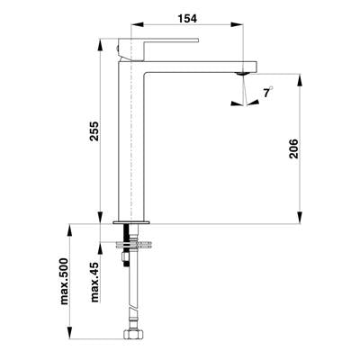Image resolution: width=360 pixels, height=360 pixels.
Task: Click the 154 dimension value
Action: click(x=187, y=19)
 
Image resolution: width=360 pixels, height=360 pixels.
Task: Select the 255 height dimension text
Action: click(x=94, y=131)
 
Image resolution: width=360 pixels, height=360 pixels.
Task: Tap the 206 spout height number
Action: click(x=293, y=148)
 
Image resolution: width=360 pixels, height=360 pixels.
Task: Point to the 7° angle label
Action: click(x=268, y=92)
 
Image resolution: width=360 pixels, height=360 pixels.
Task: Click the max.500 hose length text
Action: click(x=64, y=281)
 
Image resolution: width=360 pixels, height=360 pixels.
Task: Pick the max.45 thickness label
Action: click(x=94, y=282)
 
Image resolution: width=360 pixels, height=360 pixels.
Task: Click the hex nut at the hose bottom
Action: click(x=131, y=334)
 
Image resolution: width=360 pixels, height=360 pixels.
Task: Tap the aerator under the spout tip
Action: click(x=242, y=73)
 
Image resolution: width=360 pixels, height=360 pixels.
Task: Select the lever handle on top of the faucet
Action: click(x=158, y=49)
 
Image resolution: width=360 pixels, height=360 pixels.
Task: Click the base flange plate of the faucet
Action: click(x=131, y=222)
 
